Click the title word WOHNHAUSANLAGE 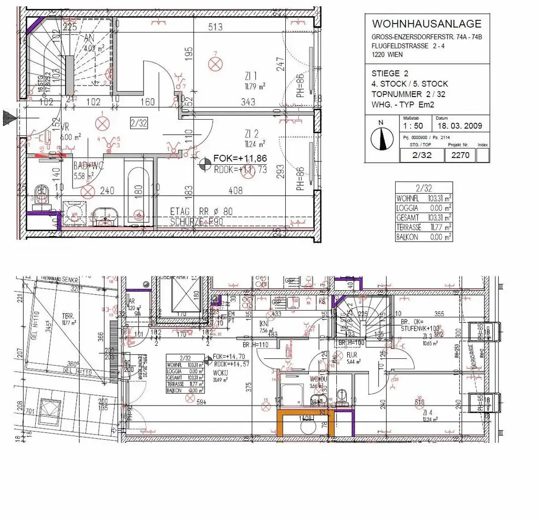[426, 24]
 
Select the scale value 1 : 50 [412, 126]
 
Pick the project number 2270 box [460, 155]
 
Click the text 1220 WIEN [389, 53]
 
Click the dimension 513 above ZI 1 [215, 27]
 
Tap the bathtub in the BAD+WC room [139, 194]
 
